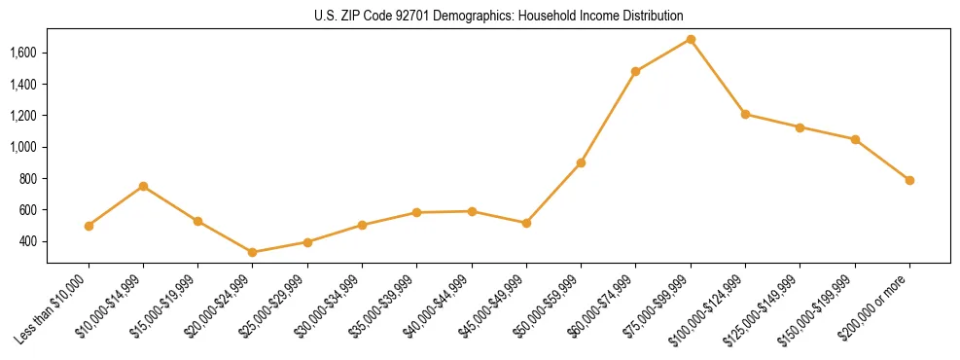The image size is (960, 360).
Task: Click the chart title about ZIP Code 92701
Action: (498, 16)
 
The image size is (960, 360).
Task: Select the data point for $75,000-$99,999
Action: (691, 39)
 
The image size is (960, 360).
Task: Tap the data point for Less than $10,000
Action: (89, 226)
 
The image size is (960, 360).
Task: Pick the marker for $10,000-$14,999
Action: (143, 186)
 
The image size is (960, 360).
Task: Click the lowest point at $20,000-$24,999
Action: (253, 252)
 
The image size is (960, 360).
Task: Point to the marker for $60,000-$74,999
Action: (635, 71)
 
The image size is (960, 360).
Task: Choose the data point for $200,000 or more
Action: (909, 180)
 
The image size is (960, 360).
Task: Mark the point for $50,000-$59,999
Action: (581, 162)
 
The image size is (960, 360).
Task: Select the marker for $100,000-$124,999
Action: (745, 114)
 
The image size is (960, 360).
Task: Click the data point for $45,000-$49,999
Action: (526, 223)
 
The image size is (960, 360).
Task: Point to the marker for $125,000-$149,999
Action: (800, 127)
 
